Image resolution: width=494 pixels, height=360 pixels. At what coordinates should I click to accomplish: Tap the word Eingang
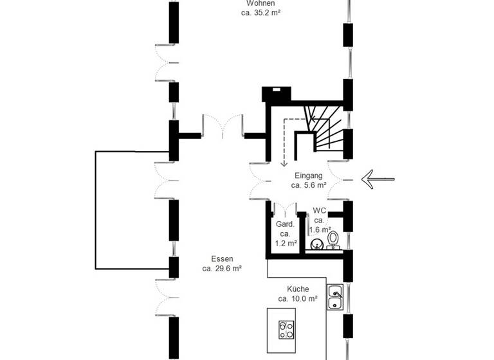[x=309, y=175]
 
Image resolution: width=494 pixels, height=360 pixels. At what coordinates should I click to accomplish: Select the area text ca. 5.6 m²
[x=309, y=185]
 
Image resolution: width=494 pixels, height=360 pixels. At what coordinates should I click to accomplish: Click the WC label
[x=320, y=211]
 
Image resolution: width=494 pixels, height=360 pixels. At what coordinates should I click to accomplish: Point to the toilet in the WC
[x=333, y=239]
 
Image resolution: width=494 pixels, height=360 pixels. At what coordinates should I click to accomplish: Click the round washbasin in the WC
[x=317, y=244]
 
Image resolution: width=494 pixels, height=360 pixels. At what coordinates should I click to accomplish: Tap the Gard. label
[x=285, y=224]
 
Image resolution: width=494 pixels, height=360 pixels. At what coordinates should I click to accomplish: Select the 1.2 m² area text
[x=286, y=244]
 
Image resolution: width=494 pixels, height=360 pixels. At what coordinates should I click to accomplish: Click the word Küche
[x=298, y=289]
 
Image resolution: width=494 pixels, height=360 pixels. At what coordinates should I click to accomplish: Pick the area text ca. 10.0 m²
[x=298, y=299]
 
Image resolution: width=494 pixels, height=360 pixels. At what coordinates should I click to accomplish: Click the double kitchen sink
[x=334, y=296]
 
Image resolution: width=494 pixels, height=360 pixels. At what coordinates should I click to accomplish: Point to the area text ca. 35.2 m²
[x=261, y=12]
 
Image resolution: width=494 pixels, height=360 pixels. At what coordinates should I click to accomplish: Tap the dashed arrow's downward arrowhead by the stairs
[x=283, y=163]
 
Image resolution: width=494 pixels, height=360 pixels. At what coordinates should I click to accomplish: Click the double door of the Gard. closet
[x=284, y=209]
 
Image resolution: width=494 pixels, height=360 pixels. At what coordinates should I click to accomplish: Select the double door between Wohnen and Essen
[x=223, y=126]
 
